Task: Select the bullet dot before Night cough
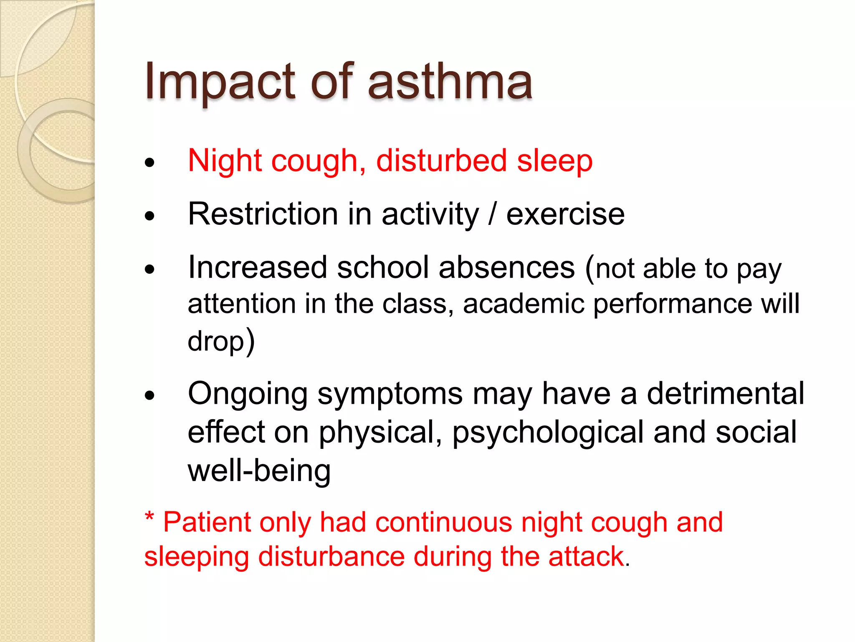(x=149, y=163)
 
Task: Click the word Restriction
(x=263, y=214)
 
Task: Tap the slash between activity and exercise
(x=493, y=214)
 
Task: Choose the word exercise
(x=565, y=214)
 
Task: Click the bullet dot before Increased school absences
(x=149, y=270)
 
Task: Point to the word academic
(x=524, y=303)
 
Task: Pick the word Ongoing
(x=248, y=395)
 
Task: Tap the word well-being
(x=259, y=471)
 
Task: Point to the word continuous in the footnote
(x=443, y=522)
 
